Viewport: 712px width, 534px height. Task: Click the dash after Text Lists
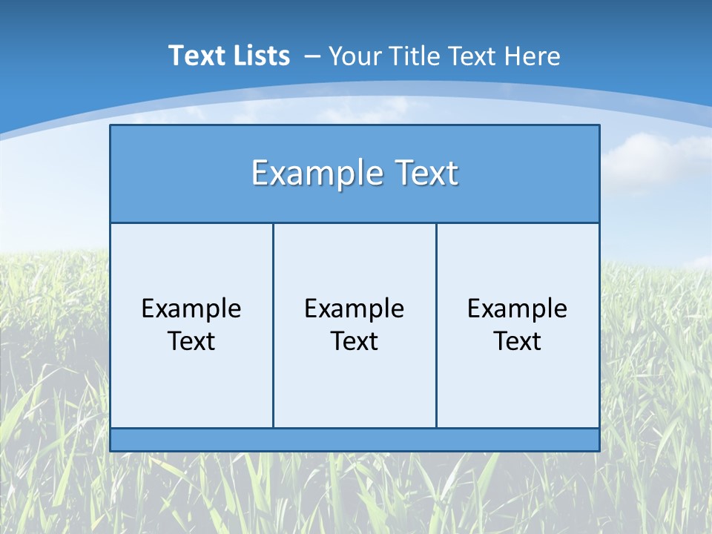coord(312,57)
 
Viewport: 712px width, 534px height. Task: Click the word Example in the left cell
coord(191,309)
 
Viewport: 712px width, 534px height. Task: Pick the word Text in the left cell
coord(191,341)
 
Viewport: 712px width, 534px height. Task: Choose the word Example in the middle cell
coord(355,309)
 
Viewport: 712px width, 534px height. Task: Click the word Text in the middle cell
coord(355,341)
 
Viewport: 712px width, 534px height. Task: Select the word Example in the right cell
coord(518,309)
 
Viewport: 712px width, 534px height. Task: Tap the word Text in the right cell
coord(518,341)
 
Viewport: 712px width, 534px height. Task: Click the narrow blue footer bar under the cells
coord(355,440)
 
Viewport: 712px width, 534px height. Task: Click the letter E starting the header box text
coord(259,173)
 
